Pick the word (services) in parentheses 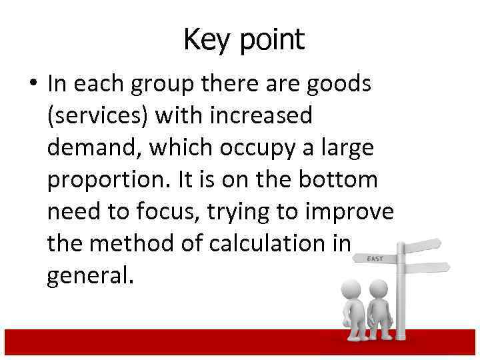97,117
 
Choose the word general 90,275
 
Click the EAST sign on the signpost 375,257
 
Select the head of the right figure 379,288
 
